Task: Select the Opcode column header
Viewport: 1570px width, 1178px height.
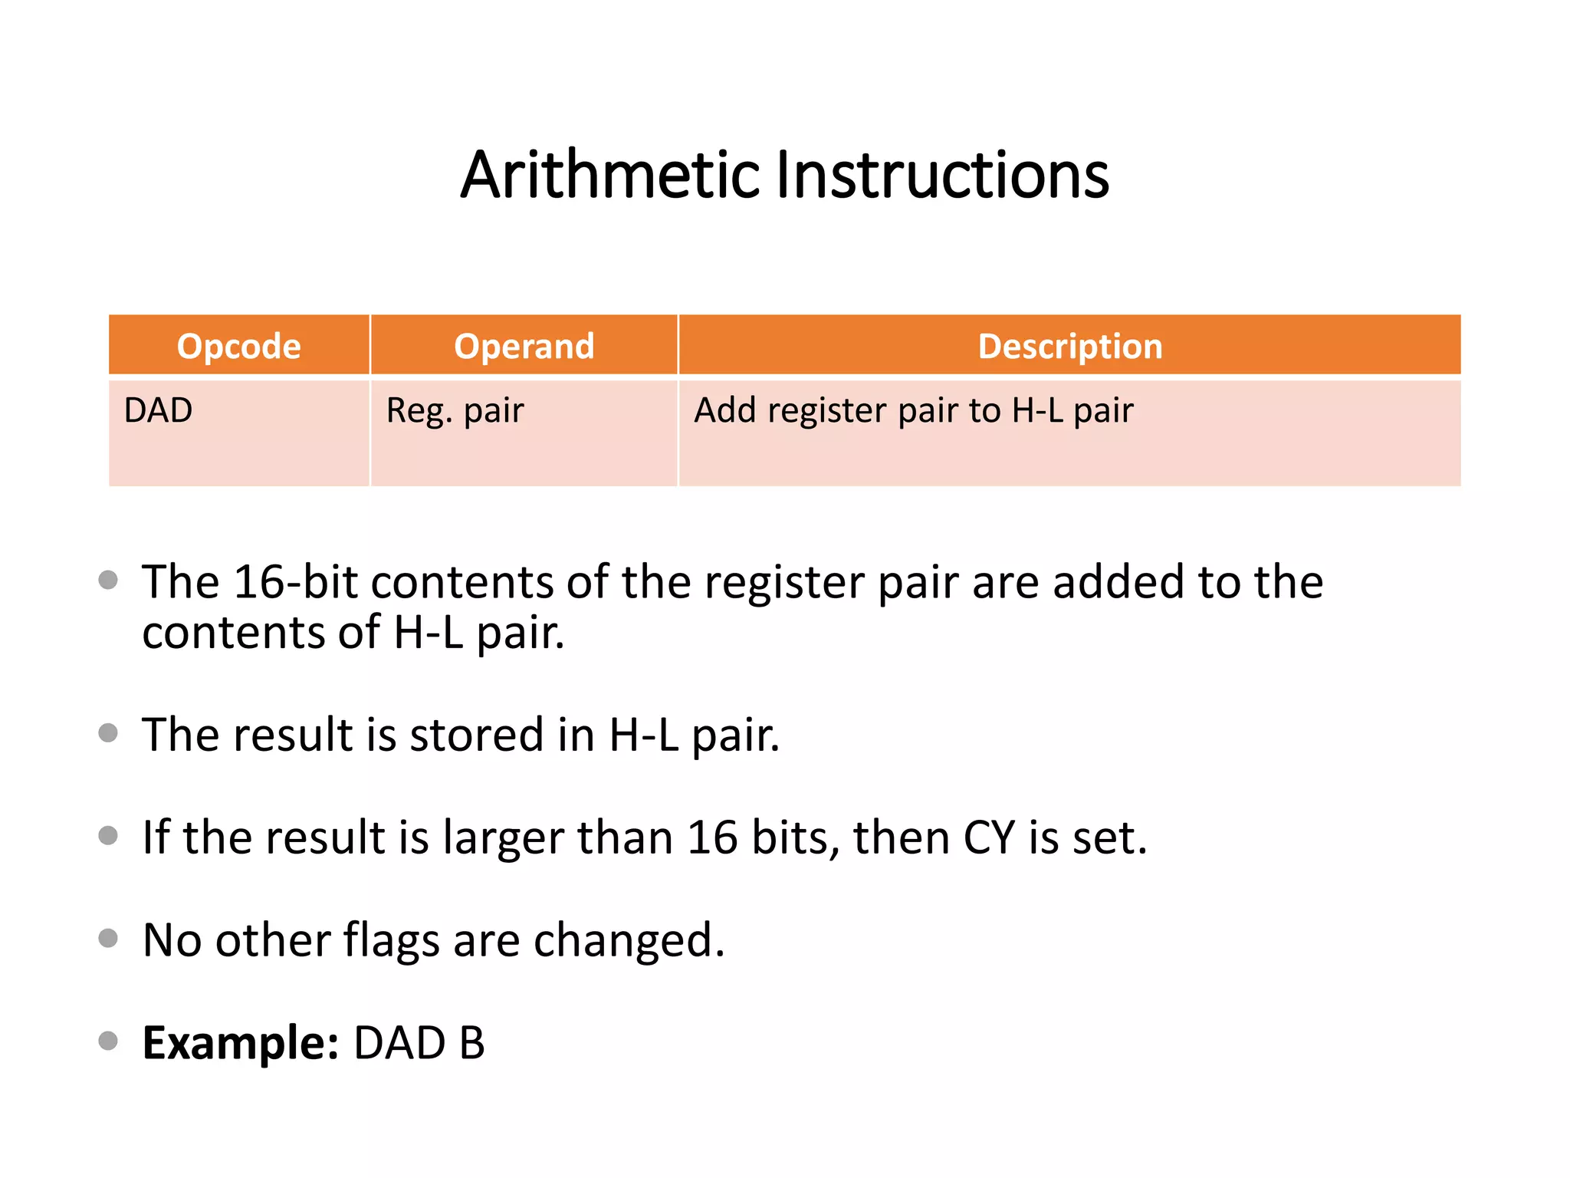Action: click(238, 346)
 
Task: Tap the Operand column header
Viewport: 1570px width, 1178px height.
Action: click(524, 346)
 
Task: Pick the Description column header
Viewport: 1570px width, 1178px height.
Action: click(1070, 346)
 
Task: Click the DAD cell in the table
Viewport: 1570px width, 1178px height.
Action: click(159, 410)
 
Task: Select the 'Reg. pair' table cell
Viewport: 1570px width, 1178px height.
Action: click(455, 410)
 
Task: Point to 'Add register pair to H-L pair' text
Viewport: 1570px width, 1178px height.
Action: click(913, 410)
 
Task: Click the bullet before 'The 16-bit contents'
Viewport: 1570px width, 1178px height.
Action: click(109, 580)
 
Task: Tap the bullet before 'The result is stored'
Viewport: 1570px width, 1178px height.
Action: click(109, 733)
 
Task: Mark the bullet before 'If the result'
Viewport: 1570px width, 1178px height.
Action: click(109, 835)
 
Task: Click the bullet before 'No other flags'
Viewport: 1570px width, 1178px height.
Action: click(109, 938)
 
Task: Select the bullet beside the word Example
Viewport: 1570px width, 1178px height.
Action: click(109, 1041)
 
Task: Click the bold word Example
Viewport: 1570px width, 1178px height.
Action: click(240, 1043)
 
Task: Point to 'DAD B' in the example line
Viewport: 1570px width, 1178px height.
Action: click(419, 1043)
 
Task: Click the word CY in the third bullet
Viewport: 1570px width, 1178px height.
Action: click(989, 837)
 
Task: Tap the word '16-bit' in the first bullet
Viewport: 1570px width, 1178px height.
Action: click(295, 582)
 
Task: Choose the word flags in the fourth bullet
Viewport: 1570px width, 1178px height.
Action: click(391, 940)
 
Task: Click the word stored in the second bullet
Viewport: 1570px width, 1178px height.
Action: click(478, 735)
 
